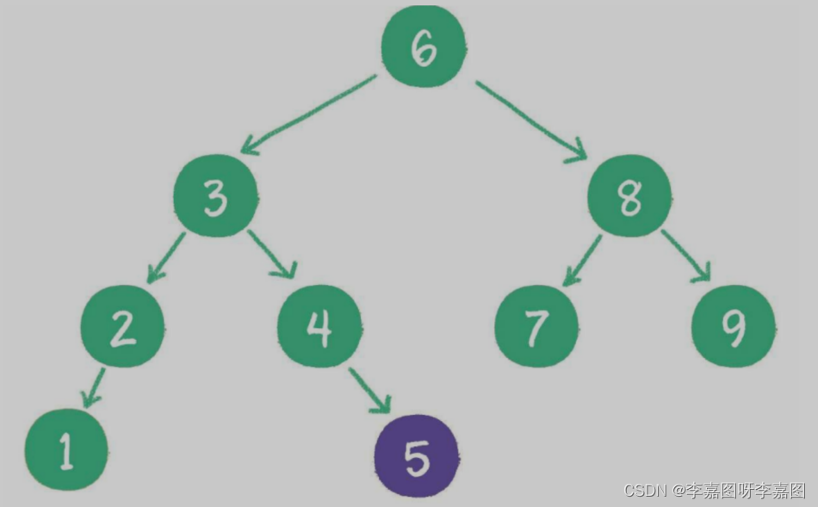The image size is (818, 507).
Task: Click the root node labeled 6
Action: (423, 48)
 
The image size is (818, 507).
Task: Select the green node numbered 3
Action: (215, 199)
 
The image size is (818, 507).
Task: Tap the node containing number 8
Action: (629, 197)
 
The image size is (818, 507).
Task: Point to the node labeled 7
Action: (536, 326)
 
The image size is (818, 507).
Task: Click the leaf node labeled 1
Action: (66, 450)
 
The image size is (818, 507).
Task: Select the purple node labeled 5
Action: (417, 456)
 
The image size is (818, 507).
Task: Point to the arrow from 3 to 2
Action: (165, 257)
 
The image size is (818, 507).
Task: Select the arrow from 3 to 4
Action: (270, 254)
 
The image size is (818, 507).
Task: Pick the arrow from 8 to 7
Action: (582, 260)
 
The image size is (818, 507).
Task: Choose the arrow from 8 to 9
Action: (686, 256)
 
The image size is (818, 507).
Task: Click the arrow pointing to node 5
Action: (369, 390)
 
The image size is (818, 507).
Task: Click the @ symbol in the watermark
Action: (679, 490)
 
